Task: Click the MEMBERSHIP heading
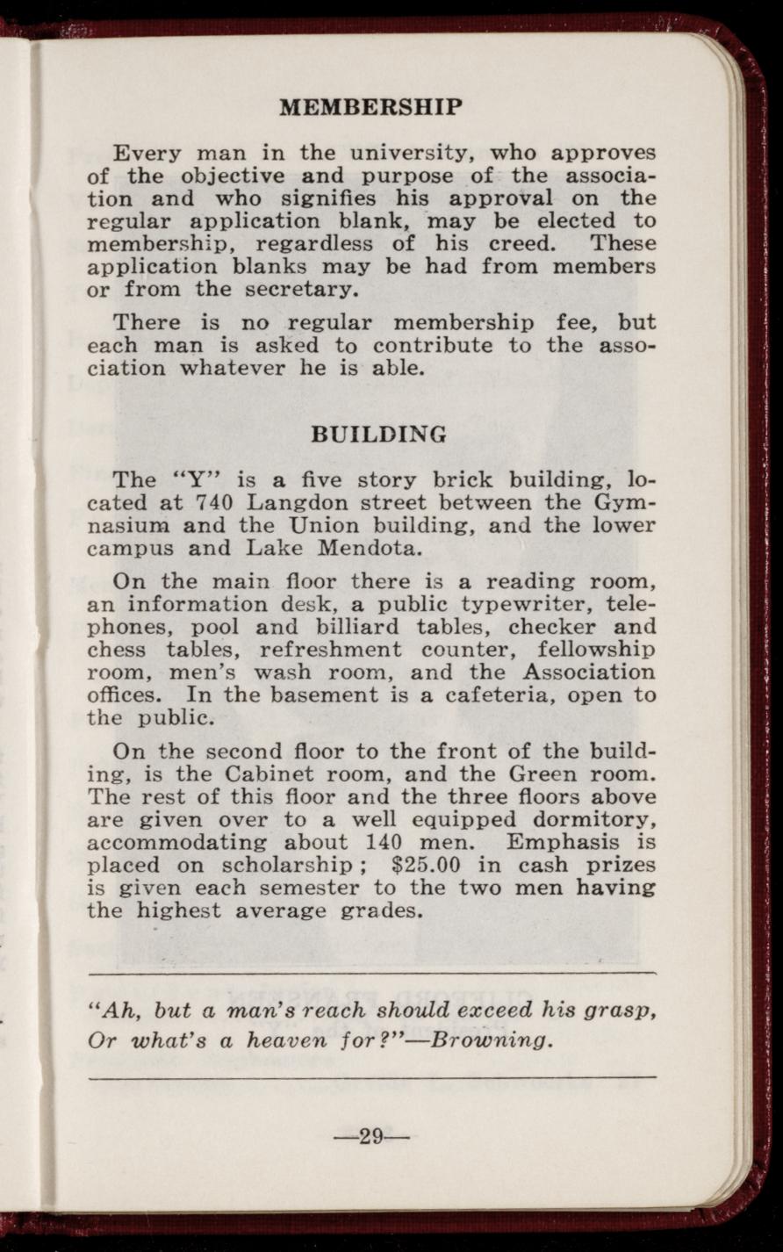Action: (370, 108)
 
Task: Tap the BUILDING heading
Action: (379, 435)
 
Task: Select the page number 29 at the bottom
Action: (371, 1137)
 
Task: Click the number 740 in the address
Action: (212, 503)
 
